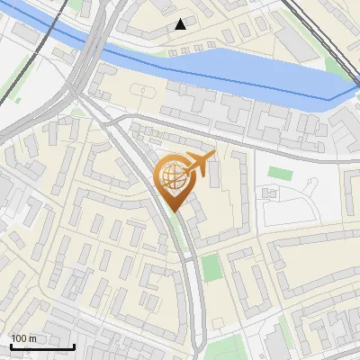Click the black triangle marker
click(x=181, y=24)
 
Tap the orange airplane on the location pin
click(x=199, y=166)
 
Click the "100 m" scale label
click(x=23, y=338)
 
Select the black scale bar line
click(x=42, y=346)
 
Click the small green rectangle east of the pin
click(x=280, y=173)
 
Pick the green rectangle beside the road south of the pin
click(x=211, y=267)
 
